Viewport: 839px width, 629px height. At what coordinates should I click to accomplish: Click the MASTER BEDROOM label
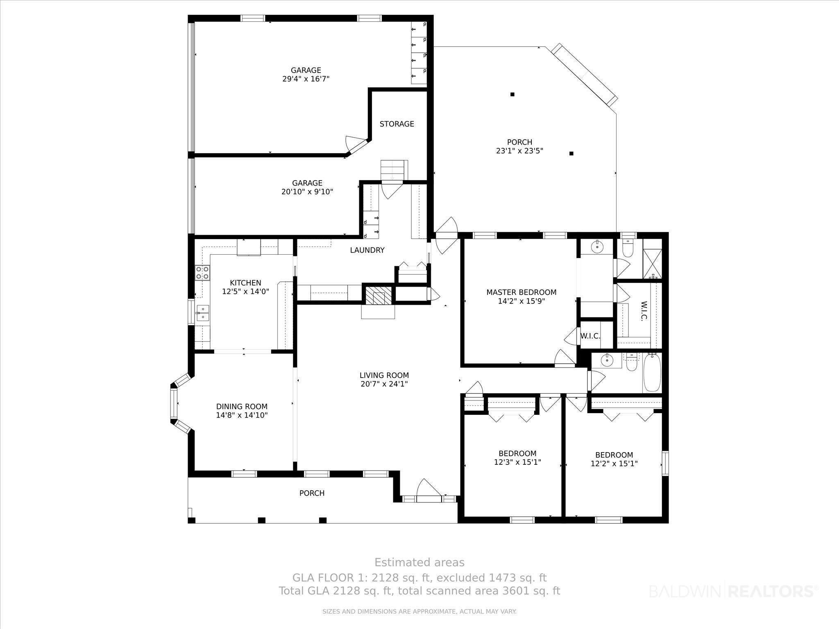521,292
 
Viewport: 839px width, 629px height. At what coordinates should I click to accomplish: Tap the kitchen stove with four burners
202,273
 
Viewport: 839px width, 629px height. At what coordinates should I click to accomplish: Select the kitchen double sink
202,313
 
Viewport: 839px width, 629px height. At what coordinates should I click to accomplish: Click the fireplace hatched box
378,294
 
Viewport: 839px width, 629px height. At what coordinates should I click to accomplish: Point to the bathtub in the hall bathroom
652,373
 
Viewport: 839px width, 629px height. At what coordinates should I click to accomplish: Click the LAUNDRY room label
367,250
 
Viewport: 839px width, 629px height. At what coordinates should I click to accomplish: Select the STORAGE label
397,124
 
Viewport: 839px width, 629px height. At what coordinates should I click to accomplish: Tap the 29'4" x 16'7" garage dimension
306,79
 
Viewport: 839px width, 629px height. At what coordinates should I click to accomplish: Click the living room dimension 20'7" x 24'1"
384,384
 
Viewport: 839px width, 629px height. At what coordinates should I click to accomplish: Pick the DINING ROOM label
242,407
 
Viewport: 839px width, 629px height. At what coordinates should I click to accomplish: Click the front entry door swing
429,488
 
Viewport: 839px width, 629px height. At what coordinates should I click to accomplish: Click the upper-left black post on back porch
512,95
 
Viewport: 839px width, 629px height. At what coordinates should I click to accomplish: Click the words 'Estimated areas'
419,562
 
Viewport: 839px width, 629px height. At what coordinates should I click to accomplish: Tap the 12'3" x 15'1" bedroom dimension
517,462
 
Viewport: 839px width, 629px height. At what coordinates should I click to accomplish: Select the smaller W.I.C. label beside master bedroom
590,336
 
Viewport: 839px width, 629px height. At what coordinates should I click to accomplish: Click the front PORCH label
312,493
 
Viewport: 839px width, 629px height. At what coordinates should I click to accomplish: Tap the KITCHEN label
245,283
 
